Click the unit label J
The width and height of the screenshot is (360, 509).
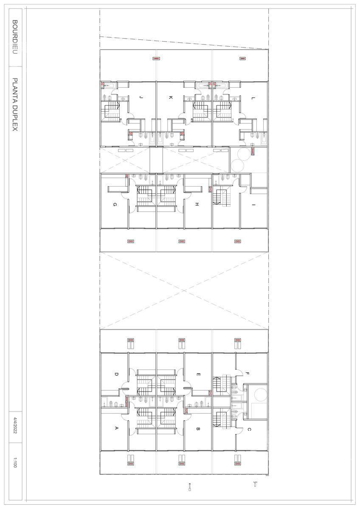141,98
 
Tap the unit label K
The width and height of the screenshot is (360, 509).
171,98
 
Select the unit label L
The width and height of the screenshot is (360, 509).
253,98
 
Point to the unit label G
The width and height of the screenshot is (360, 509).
115,204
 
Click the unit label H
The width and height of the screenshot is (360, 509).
197,204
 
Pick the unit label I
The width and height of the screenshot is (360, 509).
253,205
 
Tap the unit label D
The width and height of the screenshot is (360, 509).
116,374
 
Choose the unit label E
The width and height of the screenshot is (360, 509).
198,375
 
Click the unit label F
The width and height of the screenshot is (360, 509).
247,373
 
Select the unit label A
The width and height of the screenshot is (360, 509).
116,428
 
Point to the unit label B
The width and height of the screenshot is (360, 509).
198,429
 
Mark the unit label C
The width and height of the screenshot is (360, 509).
249,429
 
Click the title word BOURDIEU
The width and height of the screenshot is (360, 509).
15,37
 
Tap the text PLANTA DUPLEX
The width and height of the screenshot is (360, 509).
15,105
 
